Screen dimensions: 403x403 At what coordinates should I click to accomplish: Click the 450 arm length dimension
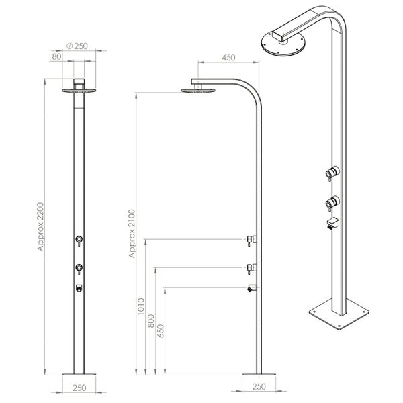(228, 58)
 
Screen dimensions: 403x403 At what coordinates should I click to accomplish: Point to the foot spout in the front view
(79, 289)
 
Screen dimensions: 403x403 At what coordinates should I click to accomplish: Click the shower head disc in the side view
(194, 91)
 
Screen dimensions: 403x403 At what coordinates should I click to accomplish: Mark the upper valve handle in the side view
(252, 239)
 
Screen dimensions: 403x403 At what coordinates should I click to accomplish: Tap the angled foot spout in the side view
(251, 289)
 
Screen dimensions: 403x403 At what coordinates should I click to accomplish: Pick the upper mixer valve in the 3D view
(330, 171)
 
